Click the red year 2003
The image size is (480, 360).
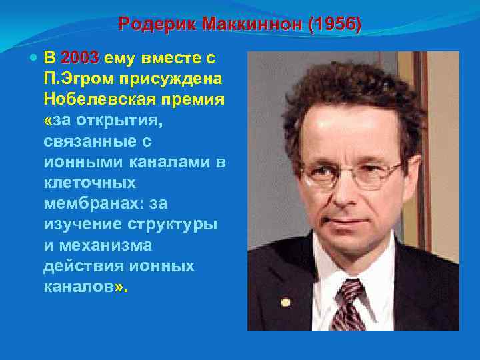(x=79, y=57)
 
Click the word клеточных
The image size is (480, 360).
(x=89, y=182)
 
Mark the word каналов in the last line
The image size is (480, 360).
(x=77, y=286)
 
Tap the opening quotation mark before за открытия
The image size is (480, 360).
(x=47, y=120)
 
